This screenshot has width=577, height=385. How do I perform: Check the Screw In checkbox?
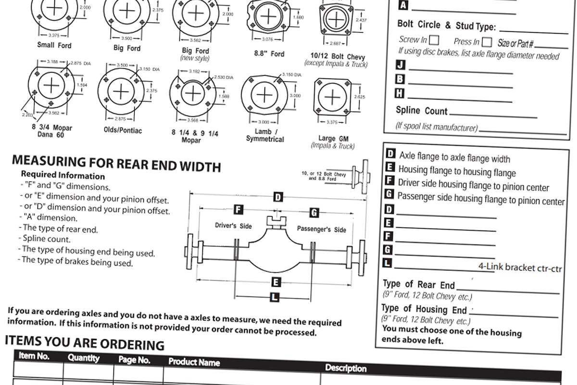tap(434, 40)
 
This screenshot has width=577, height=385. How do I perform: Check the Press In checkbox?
tap(487, 42)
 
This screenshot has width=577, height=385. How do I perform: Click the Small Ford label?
tap(54, 45)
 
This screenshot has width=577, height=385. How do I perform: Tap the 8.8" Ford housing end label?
tap(269, 54)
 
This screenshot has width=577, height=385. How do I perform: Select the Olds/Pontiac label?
tap(123, 130)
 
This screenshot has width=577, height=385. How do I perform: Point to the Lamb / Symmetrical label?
tap(265, 135)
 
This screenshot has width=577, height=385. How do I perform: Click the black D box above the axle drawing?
tap(278, 196)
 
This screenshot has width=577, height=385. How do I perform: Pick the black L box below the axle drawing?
tap(275, 297)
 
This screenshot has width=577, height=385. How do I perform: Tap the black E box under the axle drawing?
tap(276, 282)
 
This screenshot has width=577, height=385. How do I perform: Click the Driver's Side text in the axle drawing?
tap(233, 226)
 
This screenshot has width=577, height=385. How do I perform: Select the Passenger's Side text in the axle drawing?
tap(321, 229)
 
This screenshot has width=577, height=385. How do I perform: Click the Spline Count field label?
tap(421, 111)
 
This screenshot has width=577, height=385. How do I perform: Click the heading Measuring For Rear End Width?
tap(116, 164)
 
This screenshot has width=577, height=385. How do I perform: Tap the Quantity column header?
tap(83, 358)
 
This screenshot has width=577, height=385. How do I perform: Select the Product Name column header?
tap(194, 362)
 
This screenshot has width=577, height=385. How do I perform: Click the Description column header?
tap(346, 368)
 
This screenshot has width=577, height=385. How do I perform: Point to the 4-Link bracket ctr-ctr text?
tap(520, 268)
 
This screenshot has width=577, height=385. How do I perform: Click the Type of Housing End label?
tap(424, 309)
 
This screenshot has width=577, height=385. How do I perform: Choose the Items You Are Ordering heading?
tap(85, 343)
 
